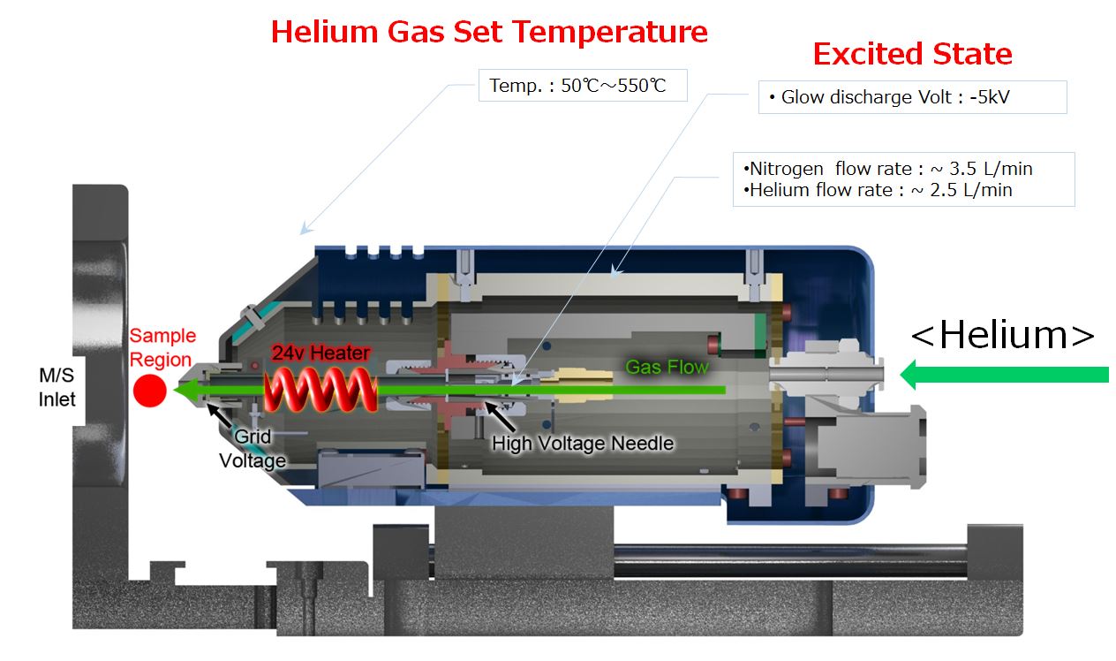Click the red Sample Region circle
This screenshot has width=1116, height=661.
pyautogui.click(x=149, y=391)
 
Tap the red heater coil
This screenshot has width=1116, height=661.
pyautogui.click(x=320, y=390)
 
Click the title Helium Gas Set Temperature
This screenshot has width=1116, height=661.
pyautogui.click(x=489, y=32)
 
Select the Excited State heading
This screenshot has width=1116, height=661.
pyautogui.click(x=912, y=54)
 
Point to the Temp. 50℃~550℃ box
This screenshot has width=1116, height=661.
pyautogui.click(x=583, y=85)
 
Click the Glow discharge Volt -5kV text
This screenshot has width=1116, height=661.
pyautogui.click(x=889, y=97)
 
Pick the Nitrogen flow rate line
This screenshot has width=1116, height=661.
pyautogui.click(x=887, y=169)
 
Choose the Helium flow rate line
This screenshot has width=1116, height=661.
pyautogui.click(x=878, y=190)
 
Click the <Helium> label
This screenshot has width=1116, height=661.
pyautogui.click(x=1002, y=335)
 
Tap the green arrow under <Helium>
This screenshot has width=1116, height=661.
pyautogui.click(x=1005, y=375)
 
